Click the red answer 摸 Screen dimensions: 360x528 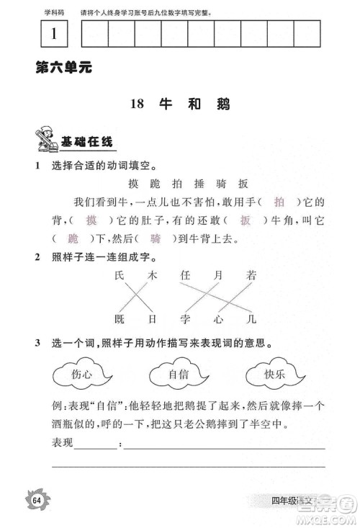click(91, 220)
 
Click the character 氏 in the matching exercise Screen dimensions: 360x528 click(120, 274)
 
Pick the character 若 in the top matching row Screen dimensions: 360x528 click(251, 274)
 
